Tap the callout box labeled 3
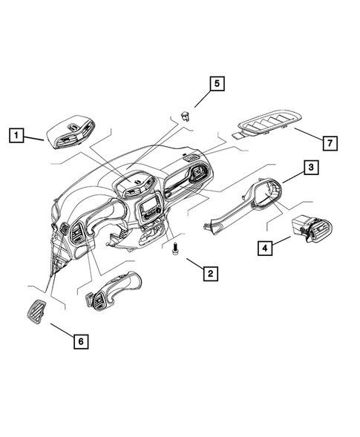tap(311, 168)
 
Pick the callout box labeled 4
tap(264, 248)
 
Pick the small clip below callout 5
tap(183, 114)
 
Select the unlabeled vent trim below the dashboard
tap(111, 289)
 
